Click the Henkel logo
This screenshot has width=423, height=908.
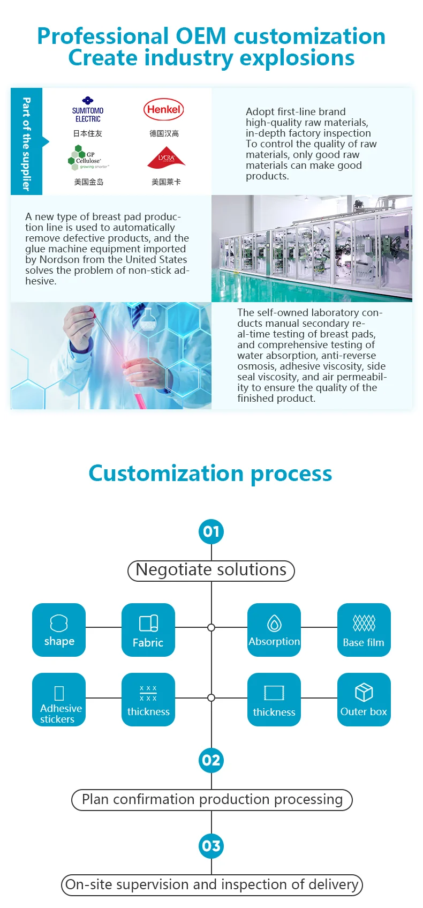(163, 109)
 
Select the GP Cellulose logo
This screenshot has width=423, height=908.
(88, 158)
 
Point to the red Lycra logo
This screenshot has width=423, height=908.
(166, 159)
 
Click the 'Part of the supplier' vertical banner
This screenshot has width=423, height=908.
(26, 142)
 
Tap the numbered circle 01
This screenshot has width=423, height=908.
(211, 531)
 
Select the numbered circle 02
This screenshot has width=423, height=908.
(211, 760)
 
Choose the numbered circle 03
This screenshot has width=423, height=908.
(211, 846)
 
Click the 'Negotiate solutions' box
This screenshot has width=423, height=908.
(211, 570)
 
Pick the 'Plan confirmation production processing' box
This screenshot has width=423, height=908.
(212, 800)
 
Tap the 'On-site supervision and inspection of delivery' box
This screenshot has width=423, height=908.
(212, 884)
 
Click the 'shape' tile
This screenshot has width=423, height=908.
(59, 630)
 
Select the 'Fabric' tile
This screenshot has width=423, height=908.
(148, 630)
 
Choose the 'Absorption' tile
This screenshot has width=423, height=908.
(274, 630)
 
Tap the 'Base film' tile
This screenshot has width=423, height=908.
(364, 630)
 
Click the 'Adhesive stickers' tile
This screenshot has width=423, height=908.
(59, 700)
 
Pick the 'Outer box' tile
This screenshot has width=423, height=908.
(364, 700)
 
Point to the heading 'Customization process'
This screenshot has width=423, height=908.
(210, 474)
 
